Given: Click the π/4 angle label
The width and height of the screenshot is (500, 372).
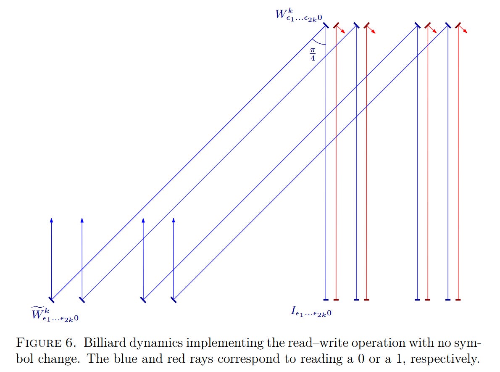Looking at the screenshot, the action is (x=313, y=54).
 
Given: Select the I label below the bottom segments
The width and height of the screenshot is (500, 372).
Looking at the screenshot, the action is (x=311, y=311).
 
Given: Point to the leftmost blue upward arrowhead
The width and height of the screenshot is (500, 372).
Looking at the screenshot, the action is (x=51, y=220).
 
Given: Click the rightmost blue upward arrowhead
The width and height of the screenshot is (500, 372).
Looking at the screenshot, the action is (x=174, y=220).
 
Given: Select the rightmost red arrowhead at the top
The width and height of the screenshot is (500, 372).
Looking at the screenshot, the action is (x=466, y=32).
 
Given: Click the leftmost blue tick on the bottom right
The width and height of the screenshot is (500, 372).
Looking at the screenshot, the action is (x=326, y=299).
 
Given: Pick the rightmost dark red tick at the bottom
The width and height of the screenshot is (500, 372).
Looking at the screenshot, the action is (x=458, y=299).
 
